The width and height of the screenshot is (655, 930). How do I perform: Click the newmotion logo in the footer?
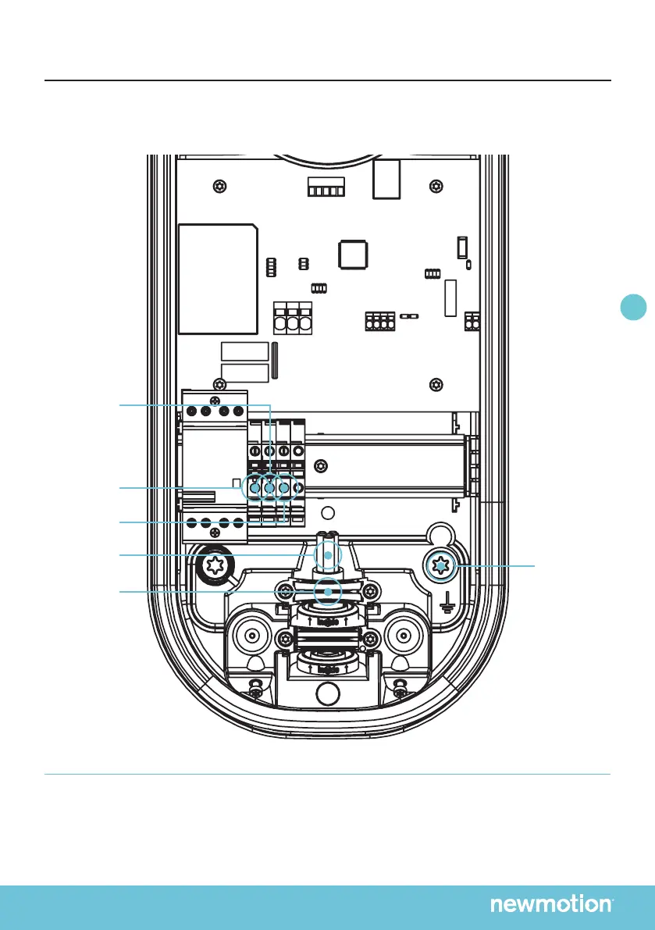tap(551, 904)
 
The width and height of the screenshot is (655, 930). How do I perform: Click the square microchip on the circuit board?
tap(354, 255)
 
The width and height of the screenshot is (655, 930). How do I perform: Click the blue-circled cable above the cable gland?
tap(328, 554)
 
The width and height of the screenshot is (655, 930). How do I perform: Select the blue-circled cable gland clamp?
tap(329, 592)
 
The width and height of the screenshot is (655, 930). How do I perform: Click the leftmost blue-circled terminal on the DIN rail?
tap(254, 489)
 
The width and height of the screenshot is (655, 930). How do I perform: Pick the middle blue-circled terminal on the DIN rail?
tap(269, 489)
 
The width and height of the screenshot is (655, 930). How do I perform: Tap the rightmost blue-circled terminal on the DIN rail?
tap(285, 489)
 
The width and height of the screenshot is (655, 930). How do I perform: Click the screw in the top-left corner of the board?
tap(221, 186)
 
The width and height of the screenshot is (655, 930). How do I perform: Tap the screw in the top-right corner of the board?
tap(436, 186)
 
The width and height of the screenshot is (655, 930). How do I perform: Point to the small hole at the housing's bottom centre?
tap(329, 692)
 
